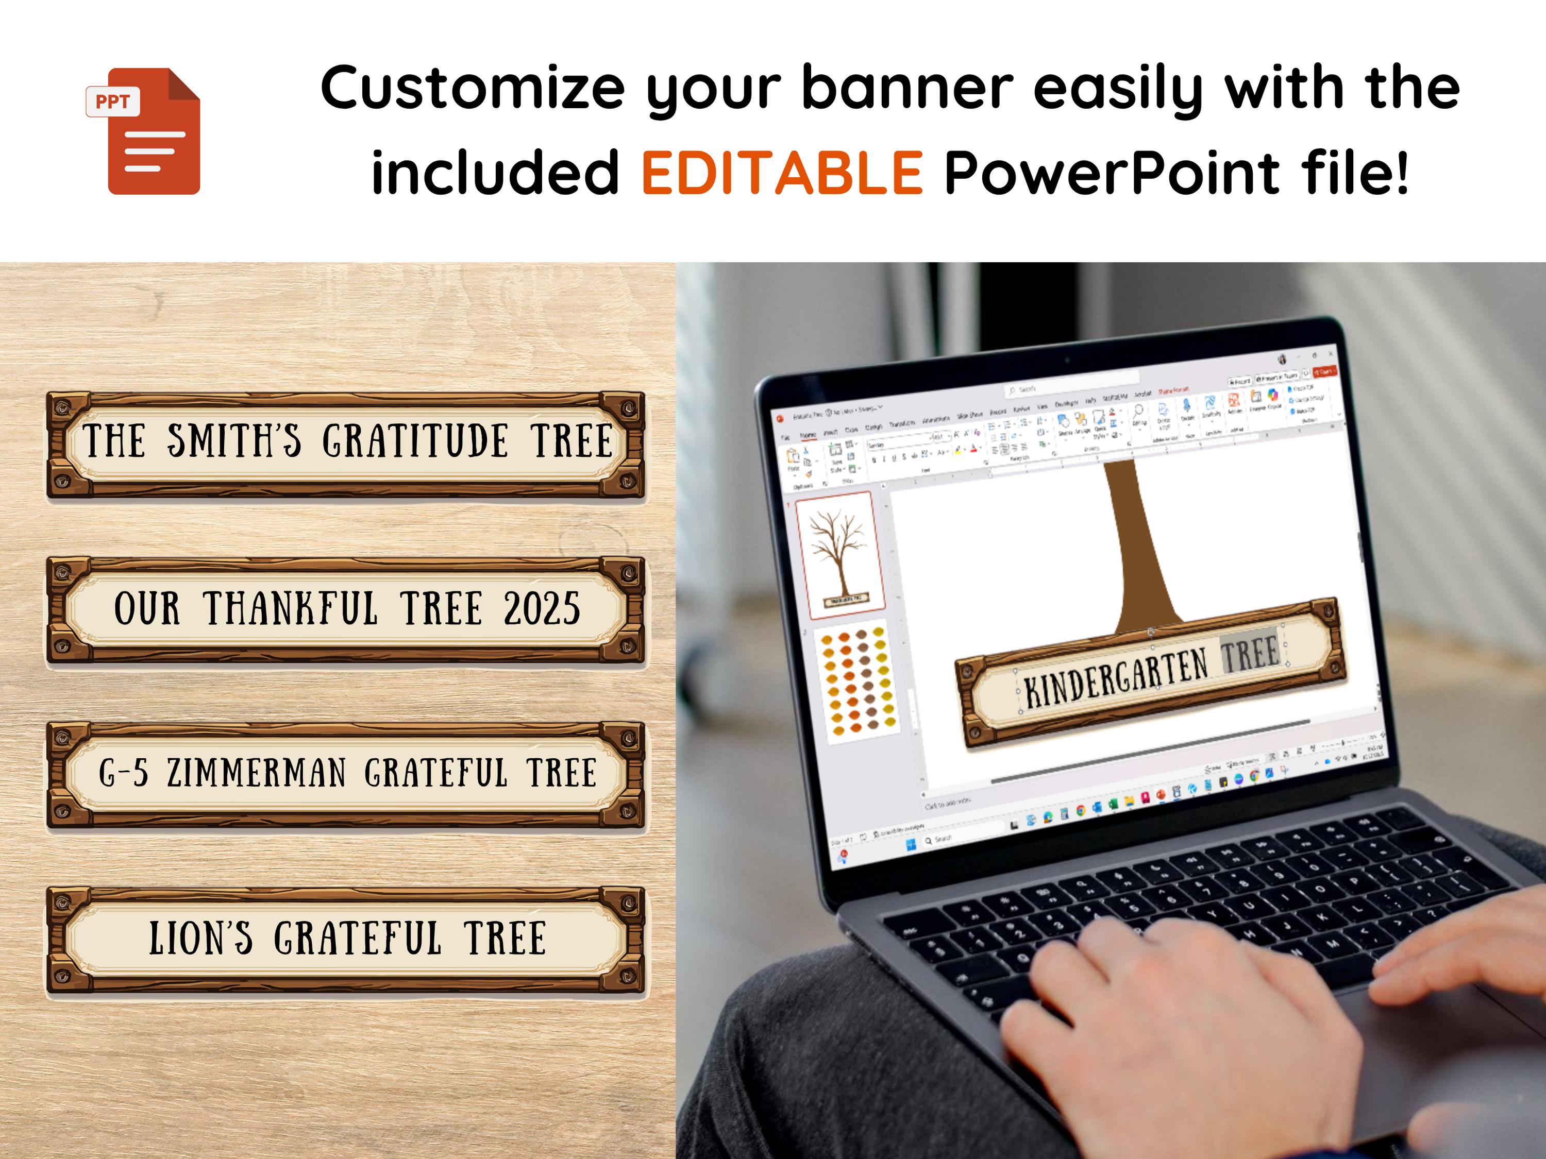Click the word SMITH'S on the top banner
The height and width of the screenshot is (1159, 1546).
point(233,441)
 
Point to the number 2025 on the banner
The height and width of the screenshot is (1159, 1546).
point(542,608)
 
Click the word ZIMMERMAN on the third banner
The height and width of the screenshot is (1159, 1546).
point(257,773)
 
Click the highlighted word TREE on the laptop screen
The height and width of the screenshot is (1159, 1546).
point(1250,654)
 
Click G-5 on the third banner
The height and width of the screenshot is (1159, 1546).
point(124,773)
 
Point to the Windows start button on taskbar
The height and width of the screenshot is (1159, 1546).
point(911,845)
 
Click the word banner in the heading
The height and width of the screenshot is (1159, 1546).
point(906,88)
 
